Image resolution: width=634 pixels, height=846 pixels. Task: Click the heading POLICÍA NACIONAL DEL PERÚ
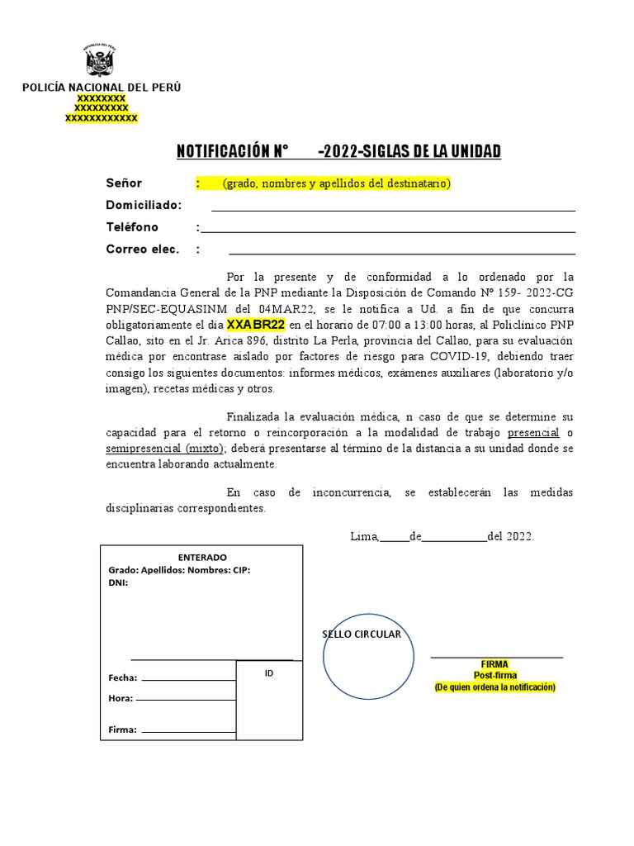tap(102, 88)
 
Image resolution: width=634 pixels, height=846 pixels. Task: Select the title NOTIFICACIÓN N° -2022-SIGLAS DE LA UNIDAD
tap(338, 151)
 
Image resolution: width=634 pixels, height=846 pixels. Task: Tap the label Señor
tap(124, 183)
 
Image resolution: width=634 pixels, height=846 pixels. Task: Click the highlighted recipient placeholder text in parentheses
tap(336, 183)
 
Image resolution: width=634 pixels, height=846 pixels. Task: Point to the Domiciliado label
tap(144, 206)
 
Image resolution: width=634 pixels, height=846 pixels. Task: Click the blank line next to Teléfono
tap(388, 229)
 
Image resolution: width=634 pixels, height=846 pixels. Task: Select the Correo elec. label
tap(142, 250)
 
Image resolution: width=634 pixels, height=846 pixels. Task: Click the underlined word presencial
tap(533, 433)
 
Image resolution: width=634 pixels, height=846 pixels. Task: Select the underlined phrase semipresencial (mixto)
tap(165, 449)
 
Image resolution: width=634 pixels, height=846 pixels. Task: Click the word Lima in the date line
tap(363, 536)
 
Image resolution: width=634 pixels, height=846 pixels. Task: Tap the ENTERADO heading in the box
tap(202, 558)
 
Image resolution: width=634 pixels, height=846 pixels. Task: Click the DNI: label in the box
tap(118, 582)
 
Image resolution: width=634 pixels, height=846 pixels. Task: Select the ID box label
tap(269, 673)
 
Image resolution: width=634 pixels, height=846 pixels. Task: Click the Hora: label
tap(121, 698)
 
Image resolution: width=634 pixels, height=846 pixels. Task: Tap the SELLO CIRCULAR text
tap(361, 634)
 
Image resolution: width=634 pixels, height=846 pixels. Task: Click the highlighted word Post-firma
tap(494, 675)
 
